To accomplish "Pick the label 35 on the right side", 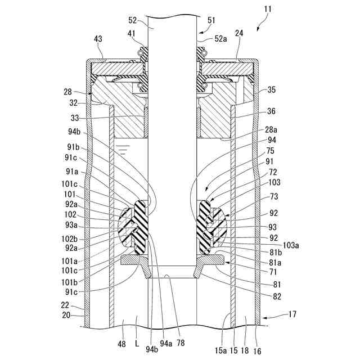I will pos(272,89).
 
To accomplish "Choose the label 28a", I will pos(272,129).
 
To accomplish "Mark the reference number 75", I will pos(271,151).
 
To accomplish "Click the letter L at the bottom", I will pos(137,343).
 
